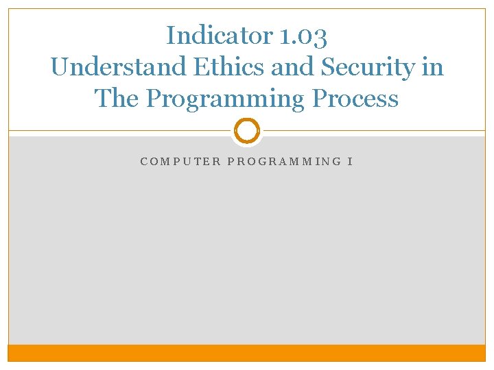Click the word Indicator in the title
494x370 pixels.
coord(220,35)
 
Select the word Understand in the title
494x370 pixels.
coord(118,66)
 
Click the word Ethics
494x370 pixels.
coord(228,66)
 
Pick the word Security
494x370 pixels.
coord(367,67)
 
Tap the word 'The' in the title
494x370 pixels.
coord(116,97)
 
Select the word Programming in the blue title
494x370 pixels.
coord(225,99)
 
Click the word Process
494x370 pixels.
coord(355,97)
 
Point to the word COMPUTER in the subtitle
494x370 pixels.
coord(180,162)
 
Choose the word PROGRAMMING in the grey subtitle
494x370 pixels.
coord(284,162)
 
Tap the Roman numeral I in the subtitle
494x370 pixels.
coord(350,162)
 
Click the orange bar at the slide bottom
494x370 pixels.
coord(247,353)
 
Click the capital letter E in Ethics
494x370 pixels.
coord(202,66)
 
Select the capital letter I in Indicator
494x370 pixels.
coord(171,35)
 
